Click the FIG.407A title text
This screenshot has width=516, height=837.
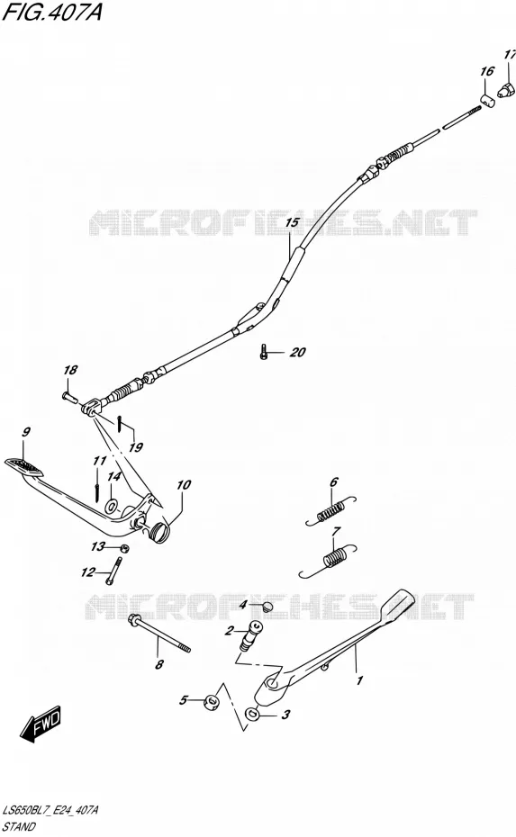52,12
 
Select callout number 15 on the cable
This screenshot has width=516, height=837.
293,221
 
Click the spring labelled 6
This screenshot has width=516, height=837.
330,510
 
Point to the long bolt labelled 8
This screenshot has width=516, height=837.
159,634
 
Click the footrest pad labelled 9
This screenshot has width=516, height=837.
23,466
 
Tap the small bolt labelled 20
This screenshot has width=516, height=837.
263,352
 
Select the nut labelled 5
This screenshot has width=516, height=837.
212,701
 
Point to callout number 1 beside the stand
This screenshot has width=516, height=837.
359,680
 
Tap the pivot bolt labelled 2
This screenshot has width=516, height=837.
249,635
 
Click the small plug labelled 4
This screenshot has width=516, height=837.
268,607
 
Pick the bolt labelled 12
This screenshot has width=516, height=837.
113,571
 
